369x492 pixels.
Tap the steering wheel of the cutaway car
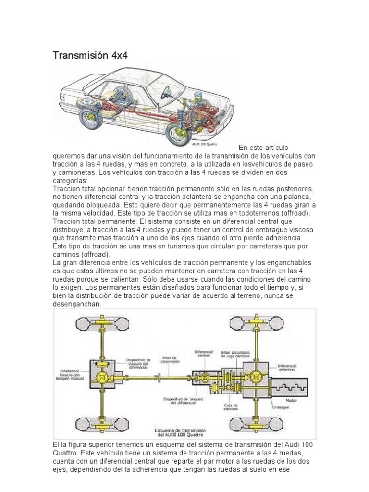coord(168,91)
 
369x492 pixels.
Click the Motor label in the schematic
coord(291,399)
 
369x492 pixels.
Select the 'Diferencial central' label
coord(204,354)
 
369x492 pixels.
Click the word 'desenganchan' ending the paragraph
coord(77,305)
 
